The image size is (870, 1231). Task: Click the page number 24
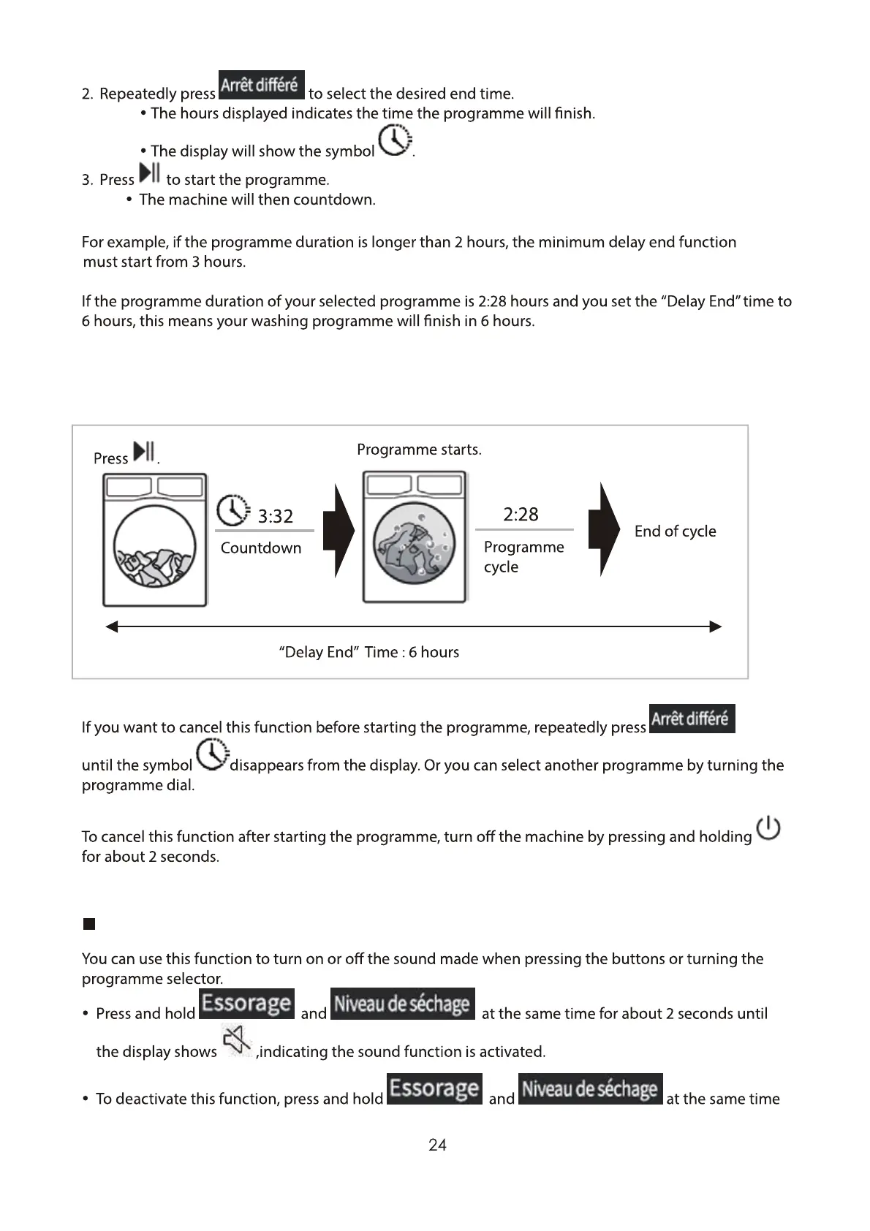[437, 1145]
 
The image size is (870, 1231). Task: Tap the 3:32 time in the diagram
[276, 517]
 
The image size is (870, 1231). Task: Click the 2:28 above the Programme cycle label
[521, 515]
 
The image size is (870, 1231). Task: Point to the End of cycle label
[675, 531]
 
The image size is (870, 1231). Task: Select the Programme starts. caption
[419, 450]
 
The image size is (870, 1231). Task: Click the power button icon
[768, 829]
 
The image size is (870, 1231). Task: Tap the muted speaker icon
[238, 1041]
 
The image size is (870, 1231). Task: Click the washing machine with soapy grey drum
[415, 537]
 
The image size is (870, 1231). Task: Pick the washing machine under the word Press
[155, 540]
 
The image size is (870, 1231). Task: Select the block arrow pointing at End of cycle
[604, 530]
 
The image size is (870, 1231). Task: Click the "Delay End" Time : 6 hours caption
[369, 652]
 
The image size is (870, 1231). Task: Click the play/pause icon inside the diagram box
[145, 452]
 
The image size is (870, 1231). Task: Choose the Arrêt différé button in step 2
[262, 85]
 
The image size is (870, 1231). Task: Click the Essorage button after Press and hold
[246, 1003]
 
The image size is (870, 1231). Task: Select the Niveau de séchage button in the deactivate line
[590, 1088]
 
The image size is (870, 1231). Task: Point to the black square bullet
[89, 924]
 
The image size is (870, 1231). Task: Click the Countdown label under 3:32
[261, 548]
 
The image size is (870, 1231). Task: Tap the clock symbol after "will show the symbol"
[395, 140]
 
